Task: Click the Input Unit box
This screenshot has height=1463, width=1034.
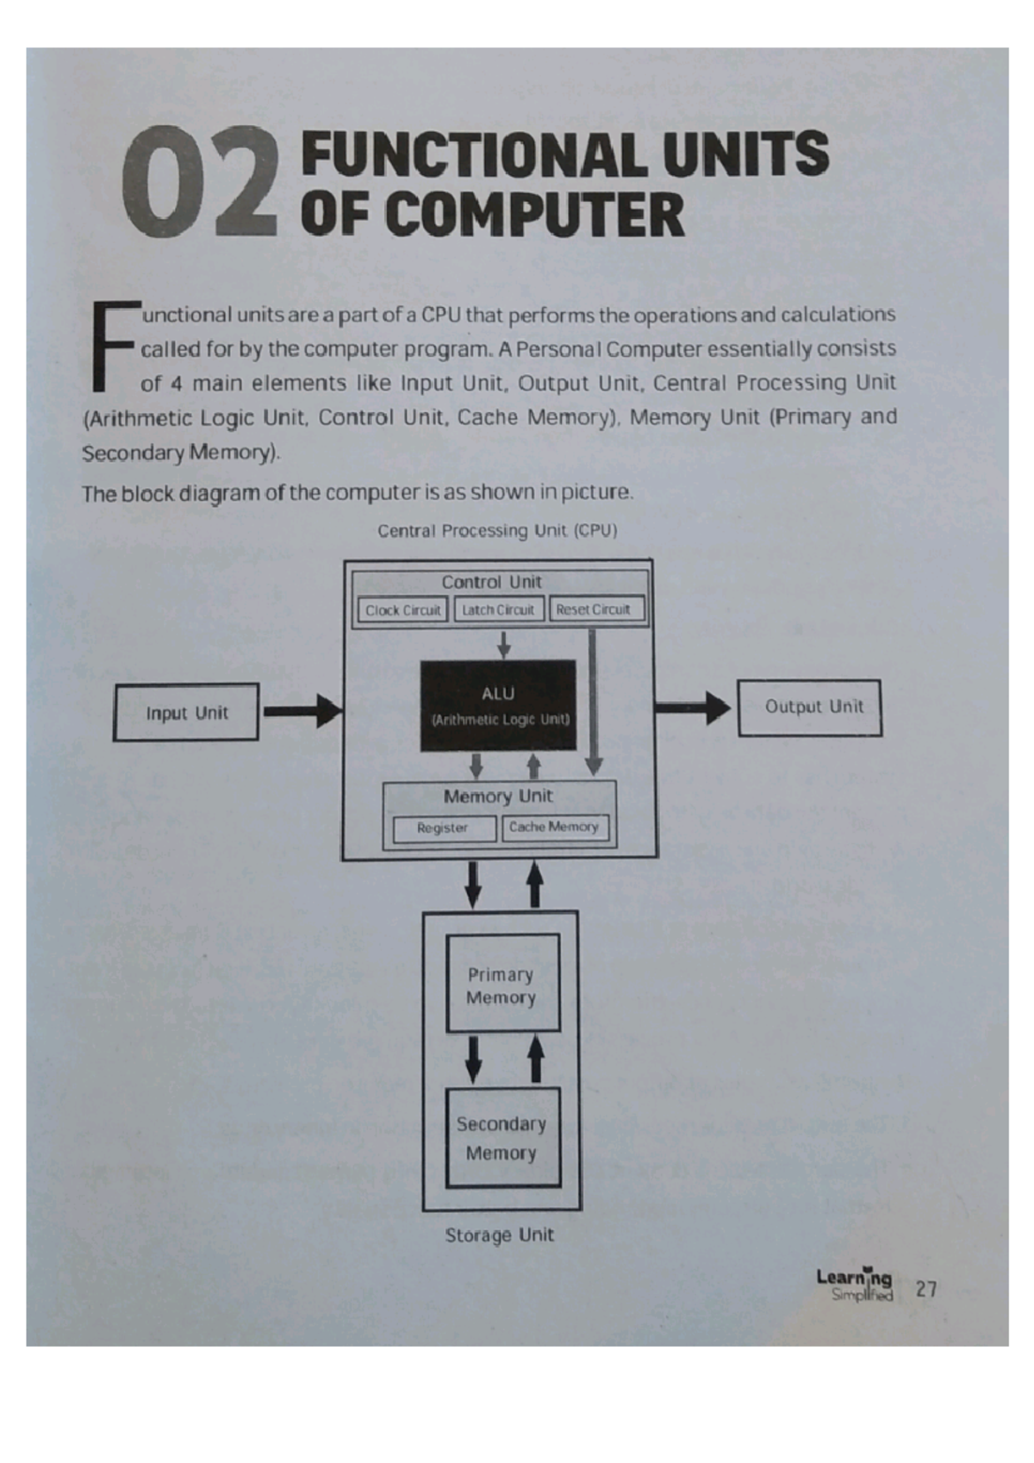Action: (186, 712)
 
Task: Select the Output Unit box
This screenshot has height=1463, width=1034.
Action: (810, 708)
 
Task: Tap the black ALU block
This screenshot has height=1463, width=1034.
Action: (498, 705)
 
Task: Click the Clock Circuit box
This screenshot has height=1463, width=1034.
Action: (402, 610)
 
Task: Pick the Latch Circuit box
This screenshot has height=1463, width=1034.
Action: (499, 610)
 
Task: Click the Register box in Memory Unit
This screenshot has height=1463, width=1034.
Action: (444, 828)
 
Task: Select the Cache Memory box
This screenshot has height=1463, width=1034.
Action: (555, 828)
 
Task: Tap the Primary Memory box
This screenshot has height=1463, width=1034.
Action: (502, 985)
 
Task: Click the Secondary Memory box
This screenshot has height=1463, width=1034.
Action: (502, 1138)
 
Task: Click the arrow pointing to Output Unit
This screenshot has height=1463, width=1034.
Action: (692, 708)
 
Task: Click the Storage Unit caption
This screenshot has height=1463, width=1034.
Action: (500, 1235)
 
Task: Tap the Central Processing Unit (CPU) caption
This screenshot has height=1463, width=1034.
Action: (497, 530)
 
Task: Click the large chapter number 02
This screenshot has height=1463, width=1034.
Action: (201, 183)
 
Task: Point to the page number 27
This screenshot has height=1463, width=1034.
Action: (926, 1289)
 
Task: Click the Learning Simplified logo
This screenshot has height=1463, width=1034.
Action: (855, 1285)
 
